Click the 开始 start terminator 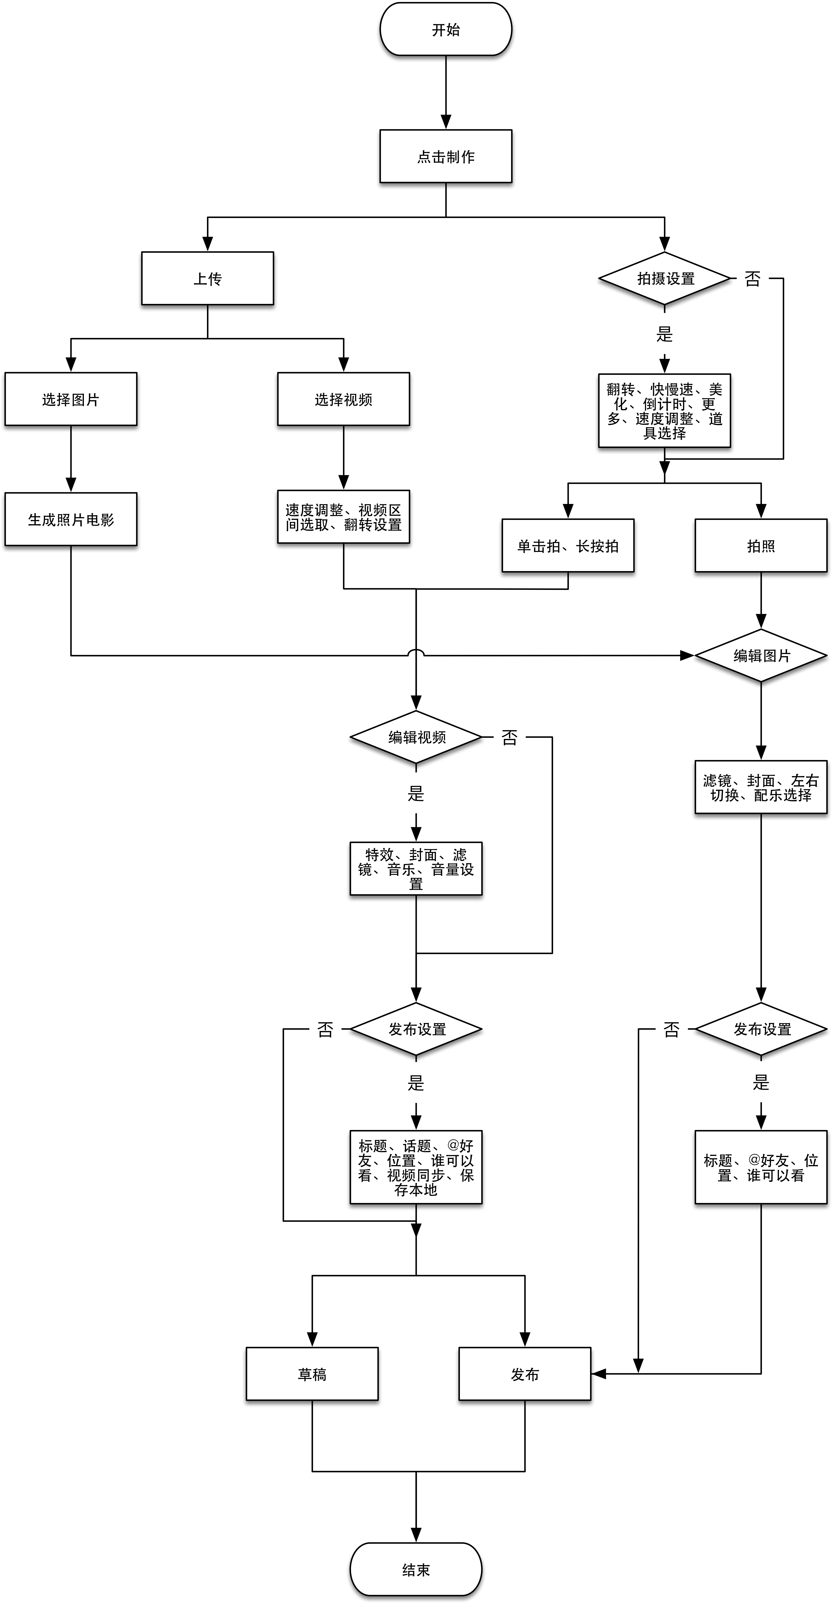(x=446, y=29)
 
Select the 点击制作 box (x=446, y=156)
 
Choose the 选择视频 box (x=343, y=399)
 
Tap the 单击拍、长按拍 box (x=568, y=546)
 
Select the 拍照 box (x=761, y=546)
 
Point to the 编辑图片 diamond (x=761, y=655)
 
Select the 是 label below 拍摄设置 (x=664, y=334)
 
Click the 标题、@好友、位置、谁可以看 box (x=761, y=1167)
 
